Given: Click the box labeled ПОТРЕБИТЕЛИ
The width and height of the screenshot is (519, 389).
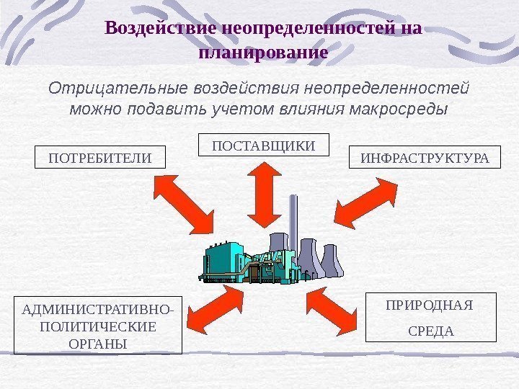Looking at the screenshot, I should (100, 157).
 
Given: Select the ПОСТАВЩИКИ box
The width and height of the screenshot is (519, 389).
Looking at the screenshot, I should (263, 145).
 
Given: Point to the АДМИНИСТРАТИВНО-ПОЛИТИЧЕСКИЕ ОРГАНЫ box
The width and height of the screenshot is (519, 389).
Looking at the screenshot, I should (98, 325).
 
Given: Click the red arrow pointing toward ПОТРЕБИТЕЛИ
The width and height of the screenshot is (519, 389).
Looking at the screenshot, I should (184, 205).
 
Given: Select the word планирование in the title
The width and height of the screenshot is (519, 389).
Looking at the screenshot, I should (262, 52).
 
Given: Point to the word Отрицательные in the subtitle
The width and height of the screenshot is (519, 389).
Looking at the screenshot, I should (118, 89).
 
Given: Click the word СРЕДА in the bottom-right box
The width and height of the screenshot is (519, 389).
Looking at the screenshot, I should (431, 331).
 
